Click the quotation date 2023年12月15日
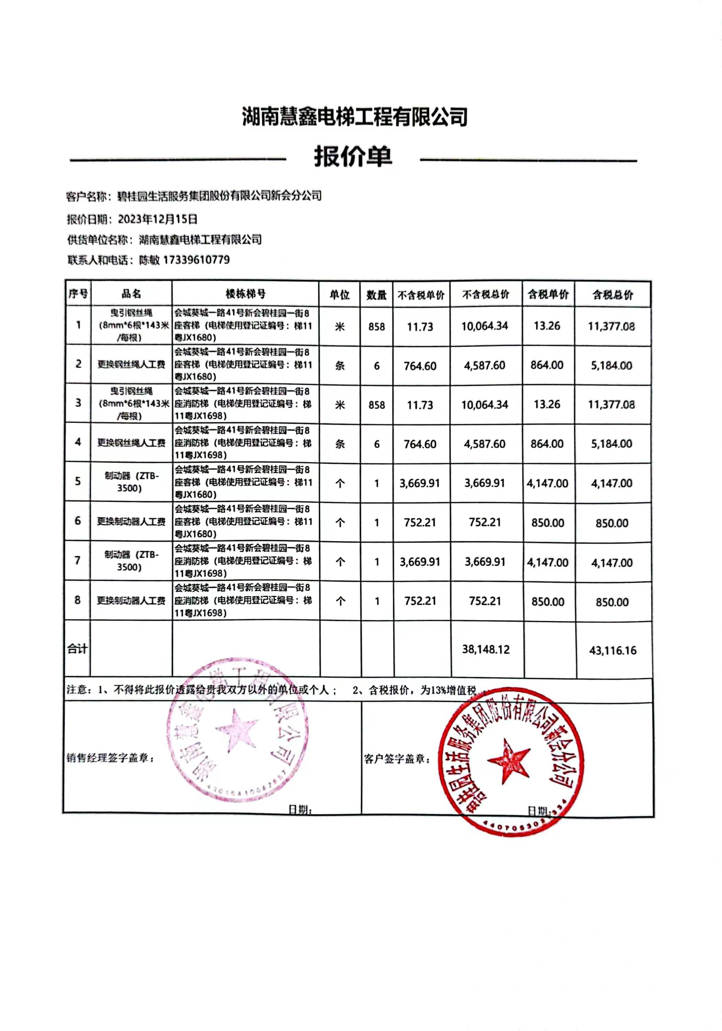158,219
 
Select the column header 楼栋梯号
245,294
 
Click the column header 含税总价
612,295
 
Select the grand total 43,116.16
612,650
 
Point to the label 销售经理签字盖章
111,758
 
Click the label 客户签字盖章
397,759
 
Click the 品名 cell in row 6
131,521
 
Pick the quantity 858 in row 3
377,404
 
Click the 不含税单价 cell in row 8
420,601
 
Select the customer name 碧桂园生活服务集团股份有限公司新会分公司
219,196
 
